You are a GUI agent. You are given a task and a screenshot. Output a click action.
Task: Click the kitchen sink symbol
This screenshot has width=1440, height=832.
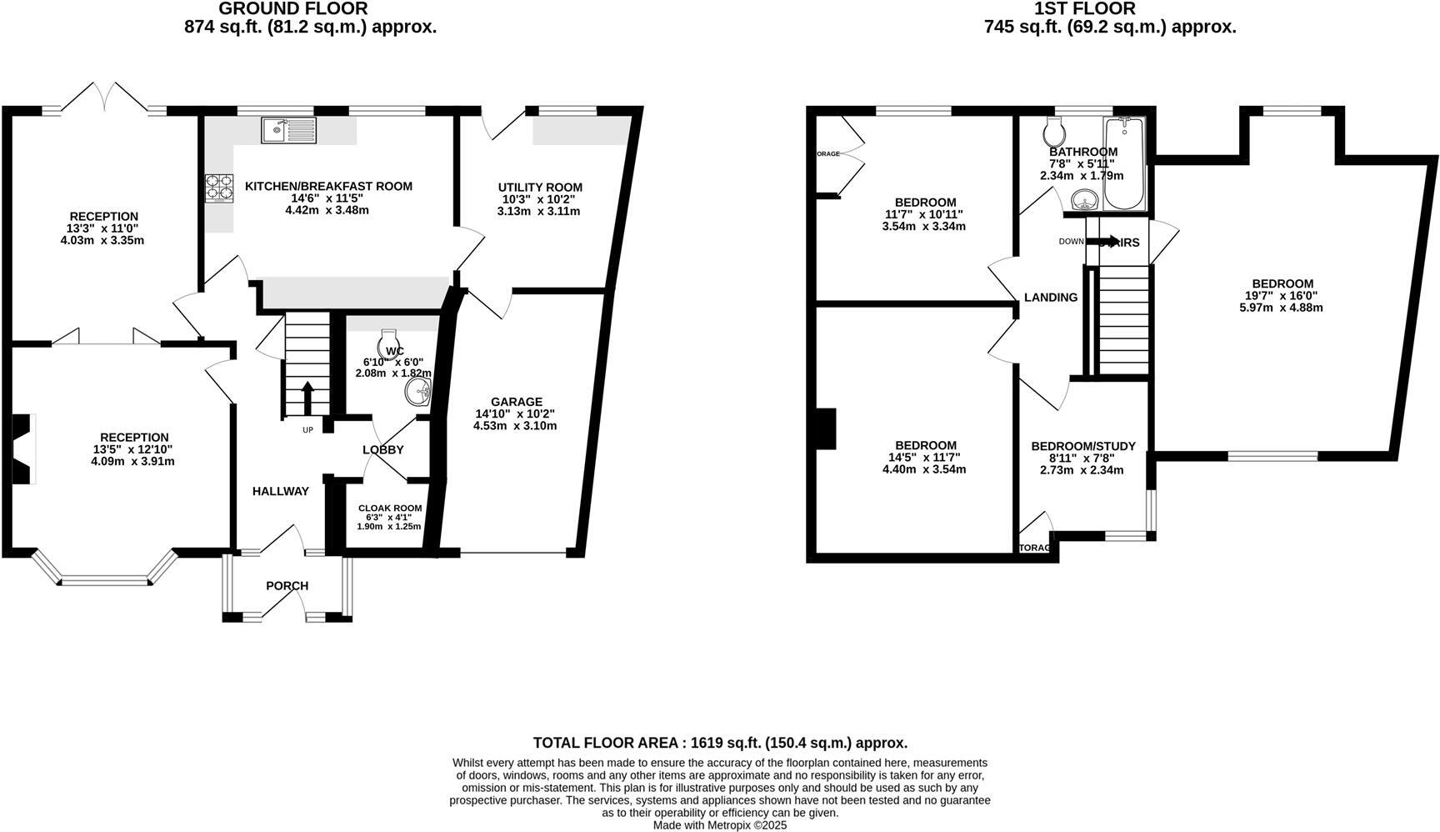[x=288, y=129]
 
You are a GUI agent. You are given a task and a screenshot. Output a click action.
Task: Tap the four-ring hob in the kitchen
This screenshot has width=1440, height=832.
[x=218, y=188]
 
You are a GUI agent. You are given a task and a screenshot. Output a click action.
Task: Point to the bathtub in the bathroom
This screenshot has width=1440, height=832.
[x=1125, y=163]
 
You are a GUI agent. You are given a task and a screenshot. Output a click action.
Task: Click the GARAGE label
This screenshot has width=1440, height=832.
[x=516, y=402]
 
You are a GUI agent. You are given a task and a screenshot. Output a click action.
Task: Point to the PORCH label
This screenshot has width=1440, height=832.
[x=287, y=586]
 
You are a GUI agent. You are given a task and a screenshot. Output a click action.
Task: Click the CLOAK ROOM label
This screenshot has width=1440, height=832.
[x=390, y=508]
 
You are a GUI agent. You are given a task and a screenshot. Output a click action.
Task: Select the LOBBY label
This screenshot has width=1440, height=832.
[x=383, y=450]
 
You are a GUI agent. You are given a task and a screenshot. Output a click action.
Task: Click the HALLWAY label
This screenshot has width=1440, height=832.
[x=281, y=492]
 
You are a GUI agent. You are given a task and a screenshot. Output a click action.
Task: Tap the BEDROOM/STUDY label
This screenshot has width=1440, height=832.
[x=1082, y=446]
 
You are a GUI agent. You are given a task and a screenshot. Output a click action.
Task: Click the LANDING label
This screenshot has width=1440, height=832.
[x=1050, y=298]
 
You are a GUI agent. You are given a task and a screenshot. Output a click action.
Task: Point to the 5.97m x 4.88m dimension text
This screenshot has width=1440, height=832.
[x=1281, y=308]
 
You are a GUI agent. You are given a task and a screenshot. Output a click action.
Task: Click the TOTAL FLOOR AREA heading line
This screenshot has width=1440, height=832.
[x=720, y=743]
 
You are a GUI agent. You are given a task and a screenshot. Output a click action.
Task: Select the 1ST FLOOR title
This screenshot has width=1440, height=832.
[x=1084, y=9]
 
